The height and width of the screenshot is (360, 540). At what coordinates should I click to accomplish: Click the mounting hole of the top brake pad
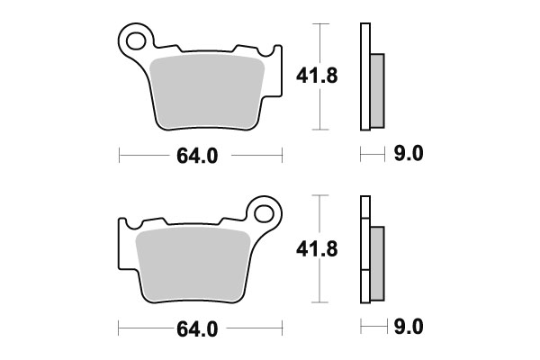136,40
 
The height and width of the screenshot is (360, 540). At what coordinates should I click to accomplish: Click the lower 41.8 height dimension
317,248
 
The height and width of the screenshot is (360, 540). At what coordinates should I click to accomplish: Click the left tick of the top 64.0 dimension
121,155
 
